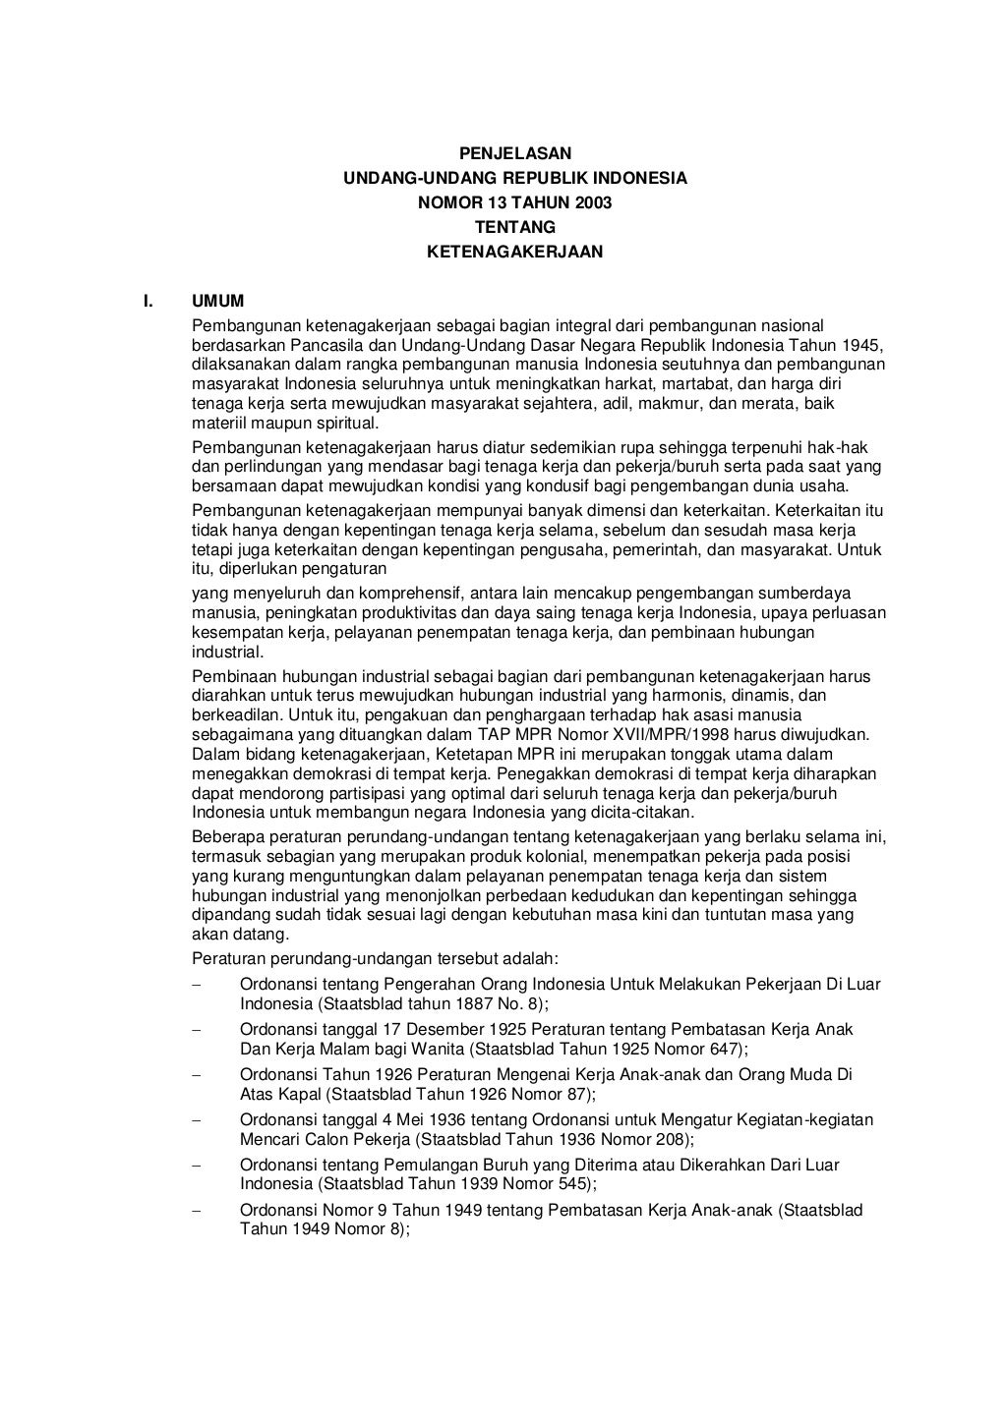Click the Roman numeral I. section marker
(x=149, y=301)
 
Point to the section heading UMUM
(x=217, y=301)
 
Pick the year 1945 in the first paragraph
(x=862, y=345)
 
